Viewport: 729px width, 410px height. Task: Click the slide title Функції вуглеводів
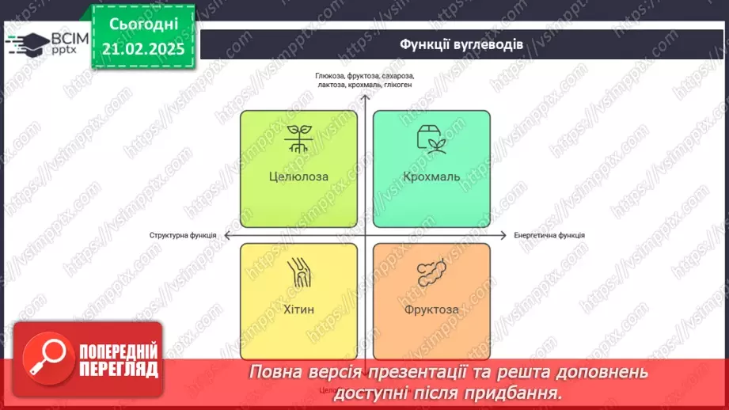click(x=460, y=44)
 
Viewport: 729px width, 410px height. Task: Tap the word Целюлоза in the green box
click(x=298, y=177)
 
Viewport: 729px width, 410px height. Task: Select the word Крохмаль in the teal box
click(x=431, y=177)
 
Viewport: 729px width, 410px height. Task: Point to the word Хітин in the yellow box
click(x=298, y=309)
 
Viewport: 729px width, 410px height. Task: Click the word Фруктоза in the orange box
click(x=431, y=309)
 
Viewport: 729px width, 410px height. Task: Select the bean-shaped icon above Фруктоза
click(x=431, y=274)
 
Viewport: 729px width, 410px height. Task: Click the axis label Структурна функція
click(x=184, y=235)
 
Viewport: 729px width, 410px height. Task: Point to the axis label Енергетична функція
click(x=549, y=235)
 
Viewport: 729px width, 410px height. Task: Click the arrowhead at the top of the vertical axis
click(x=364, y=98)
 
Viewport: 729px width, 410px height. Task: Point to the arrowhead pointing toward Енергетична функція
click(x=503, y=235)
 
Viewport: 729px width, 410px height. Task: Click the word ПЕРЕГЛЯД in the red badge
click(x=119, y=369)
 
